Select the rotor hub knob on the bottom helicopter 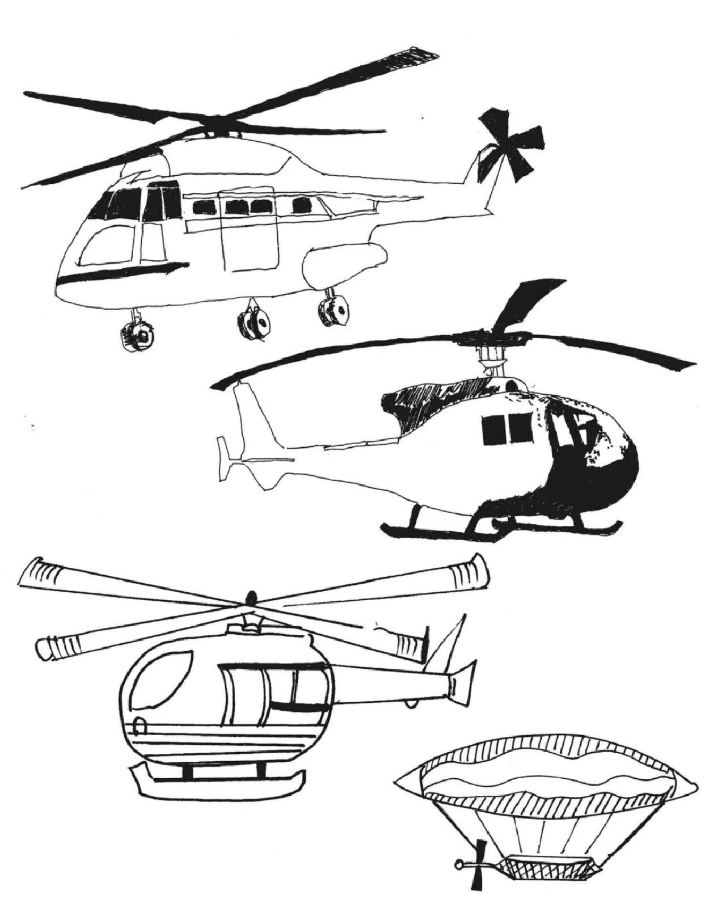tap(250, 597)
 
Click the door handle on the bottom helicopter tap(140, 725)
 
